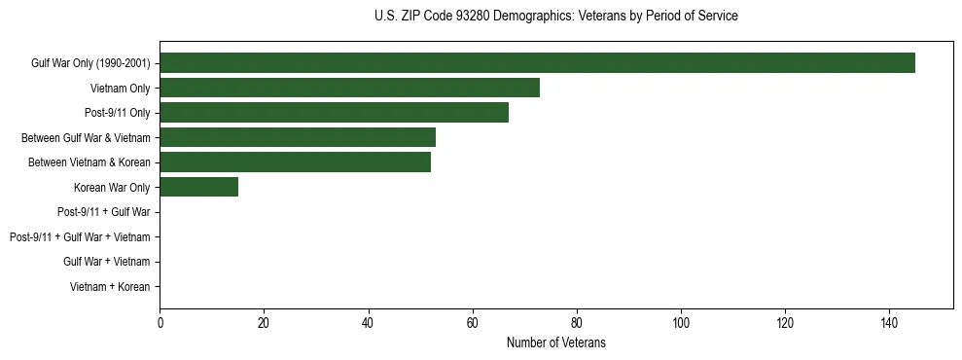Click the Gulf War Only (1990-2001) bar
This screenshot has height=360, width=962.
pyautogui.click(x=537, y=63)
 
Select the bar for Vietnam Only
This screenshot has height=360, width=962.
pyautogui.click(x=349, y=88)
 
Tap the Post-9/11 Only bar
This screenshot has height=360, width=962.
pyautogui.click(x=334, y=113)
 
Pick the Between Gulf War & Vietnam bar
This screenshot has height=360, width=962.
pyautogui.click(x=298, y=137)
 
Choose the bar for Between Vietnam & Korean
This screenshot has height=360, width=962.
pyautogui.click(x=295, y=162)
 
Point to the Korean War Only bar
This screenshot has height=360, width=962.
pyautogui.click(x=198, y=187)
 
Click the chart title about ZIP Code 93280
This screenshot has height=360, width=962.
pyautogui.click(x=555, y=17)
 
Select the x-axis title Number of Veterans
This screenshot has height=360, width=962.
pyautogui.click(x=555, y=342)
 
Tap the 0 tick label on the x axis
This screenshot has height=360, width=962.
pyautogui.click(x=160, y=323)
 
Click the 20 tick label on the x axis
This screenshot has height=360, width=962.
pyautogui.click(x=264, y=323)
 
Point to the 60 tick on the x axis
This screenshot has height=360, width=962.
pyautogui.click(x=473, y=323)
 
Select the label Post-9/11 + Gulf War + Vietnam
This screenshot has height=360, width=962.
pyautogui.click(x=80, y=237)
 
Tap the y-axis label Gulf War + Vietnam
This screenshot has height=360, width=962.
pyautogui.click(x=106, y=262)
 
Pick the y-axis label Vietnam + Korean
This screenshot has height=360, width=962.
pyautogui.click(x=110, y=287)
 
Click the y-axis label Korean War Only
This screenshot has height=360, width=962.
pyautogui.click(x=112, y=188)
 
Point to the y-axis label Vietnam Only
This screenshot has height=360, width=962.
pyautogui.click(x=120, y=89)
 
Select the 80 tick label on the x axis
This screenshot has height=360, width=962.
pyautogui.click(x=577, y=323)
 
